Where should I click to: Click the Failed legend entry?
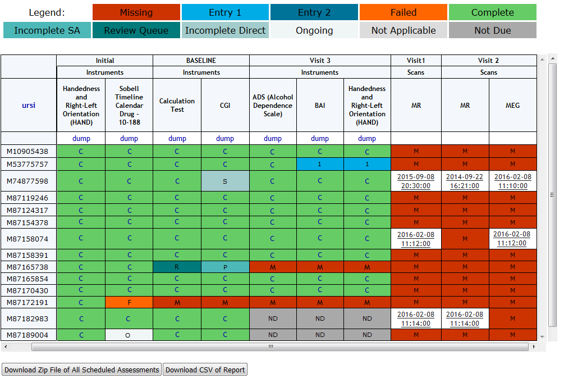click(403, 12)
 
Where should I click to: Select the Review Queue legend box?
click(136, 30)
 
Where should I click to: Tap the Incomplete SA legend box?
click(47, 30)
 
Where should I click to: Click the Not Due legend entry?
click(492, 30)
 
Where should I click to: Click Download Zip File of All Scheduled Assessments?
click(81, 370)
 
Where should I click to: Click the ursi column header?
click(29, 105)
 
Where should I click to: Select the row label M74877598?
click(27, 181)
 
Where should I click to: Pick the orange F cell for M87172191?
click(129, 302)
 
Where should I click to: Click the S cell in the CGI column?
click(225, 181)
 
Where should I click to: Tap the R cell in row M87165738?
click(177, 267)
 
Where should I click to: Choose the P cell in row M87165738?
click(225, 267)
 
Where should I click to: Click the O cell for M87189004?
click(129, 335)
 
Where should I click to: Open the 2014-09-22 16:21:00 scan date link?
click(465, 181)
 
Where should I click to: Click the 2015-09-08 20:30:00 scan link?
click(416, 181)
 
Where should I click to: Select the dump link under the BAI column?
click(320, 138)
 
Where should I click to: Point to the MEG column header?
click(512, 105)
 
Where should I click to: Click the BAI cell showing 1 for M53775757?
click(320, 164)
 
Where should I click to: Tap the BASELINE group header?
click(201, 61)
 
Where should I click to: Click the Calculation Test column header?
click(177, 105)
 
